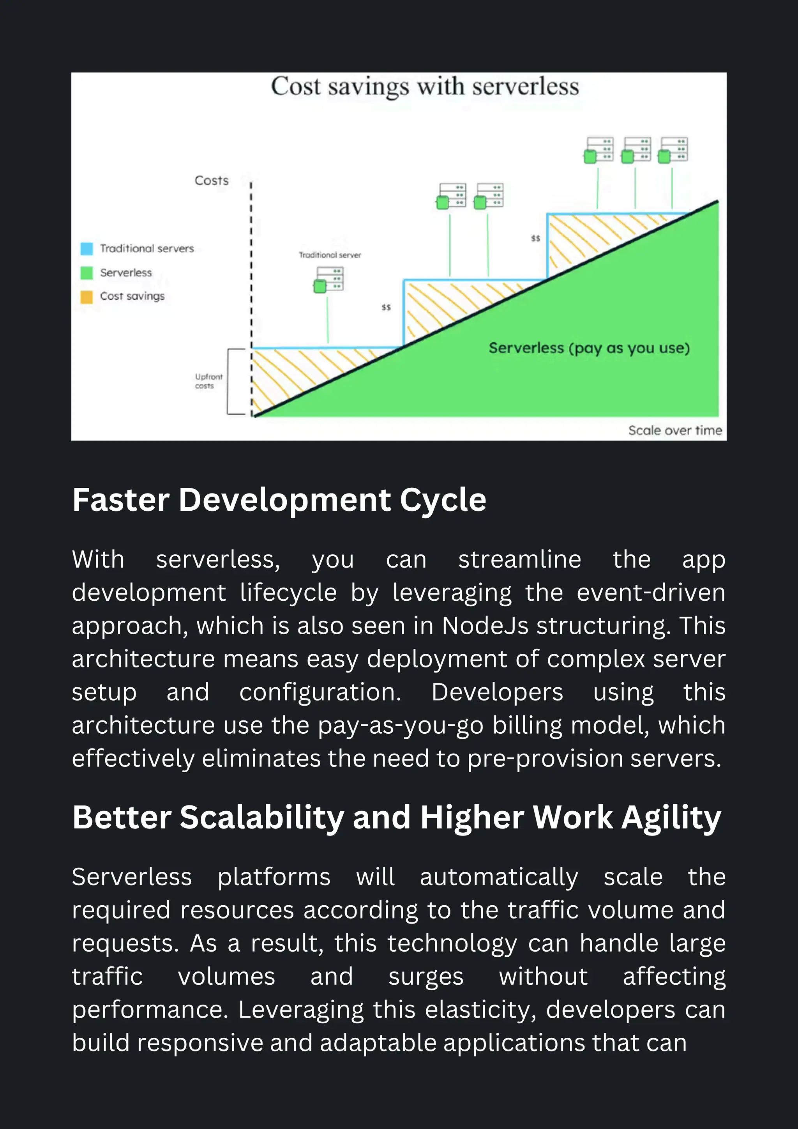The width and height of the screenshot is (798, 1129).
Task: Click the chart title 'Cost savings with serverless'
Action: pos(425,87)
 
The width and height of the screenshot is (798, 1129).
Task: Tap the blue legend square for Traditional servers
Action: pos(87,248)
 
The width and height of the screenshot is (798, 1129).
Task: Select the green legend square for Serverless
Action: pos(87,273)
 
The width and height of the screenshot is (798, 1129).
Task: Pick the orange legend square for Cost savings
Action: pos(87,297)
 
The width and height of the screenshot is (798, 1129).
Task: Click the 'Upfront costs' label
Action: pos(208,381)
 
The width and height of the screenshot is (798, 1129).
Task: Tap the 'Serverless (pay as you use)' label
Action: pos(589,348)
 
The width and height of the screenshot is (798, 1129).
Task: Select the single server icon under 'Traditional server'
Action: pos(329,280)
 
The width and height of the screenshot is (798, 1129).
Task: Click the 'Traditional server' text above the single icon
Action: pos(330,255)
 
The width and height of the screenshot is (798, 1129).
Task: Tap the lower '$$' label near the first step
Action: pos(386,307)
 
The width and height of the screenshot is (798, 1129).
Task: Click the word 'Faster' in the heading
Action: pos(121,500)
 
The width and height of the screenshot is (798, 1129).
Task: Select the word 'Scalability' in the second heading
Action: pos(262,818)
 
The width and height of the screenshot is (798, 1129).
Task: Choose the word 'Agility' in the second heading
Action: pos(671,818)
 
